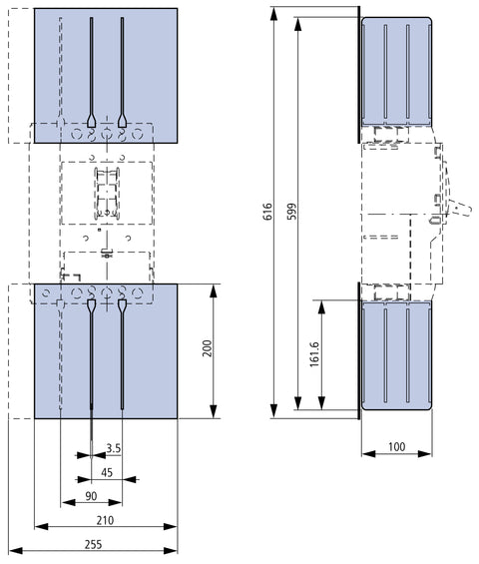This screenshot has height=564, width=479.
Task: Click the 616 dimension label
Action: coord(267,212)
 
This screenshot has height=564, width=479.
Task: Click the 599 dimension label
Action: coord(292,212)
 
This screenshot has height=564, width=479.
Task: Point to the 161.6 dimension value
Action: coord(314,354)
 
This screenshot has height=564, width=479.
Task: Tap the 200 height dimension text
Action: coord(208,347)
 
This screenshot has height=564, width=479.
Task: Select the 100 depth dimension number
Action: coord(396,447)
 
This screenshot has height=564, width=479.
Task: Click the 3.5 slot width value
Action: coord(114,448)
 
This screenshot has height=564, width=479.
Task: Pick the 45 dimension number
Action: coord(107,472)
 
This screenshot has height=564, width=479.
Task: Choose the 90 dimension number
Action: coord(91,496)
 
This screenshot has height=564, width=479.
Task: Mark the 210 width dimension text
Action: coord(105,520)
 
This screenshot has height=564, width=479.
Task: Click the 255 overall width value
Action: coord(93,545)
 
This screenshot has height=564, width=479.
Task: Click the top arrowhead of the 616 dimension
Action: coord(274,13)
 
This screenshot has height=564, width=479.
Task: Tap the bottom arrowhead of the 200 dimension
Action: coord(214,411)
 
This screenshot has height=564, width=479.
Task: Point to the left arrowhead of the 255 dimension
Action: coord(15,551)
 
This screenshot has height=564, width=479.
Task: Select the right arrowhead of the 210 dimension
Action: coord(171,527)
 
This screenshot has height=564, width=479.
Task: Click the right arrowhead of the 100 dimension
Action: coord(425,453)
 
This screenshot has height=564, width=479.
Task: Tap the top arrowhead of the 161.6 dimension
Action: coord(322,306)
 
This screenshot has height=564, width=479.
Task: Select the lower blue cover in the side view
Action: coord(396,355)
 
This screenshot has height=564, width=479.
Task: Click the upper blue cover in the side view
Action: coord(396,71)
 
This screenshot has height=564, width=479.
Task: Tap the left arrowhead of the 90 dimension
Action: coord(68,502)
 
